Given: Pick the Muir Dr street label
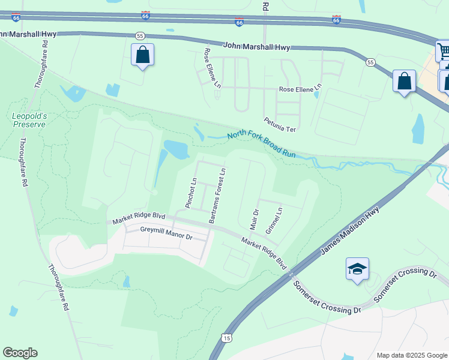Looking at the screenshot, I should coord(253,220).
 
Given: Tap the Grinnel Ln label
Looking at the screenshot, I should coord(273,220).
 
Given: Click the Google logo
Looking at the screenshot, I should coord(20,353).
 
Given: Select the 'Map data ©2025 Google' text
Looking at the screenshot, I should coord(411,355).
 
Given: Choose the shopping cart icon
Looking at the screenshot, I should coord(444,52).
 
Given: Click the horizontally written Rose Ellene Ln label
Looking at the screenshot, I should coord(300,89).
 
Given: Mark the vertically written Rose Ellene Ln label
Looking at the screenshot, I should coord(212,66).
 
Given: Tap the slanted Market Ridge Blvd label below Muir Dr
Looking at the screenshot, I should coord(264,252).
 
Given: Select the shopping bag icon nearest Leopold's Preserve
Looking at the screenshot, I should coord(142,55).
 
